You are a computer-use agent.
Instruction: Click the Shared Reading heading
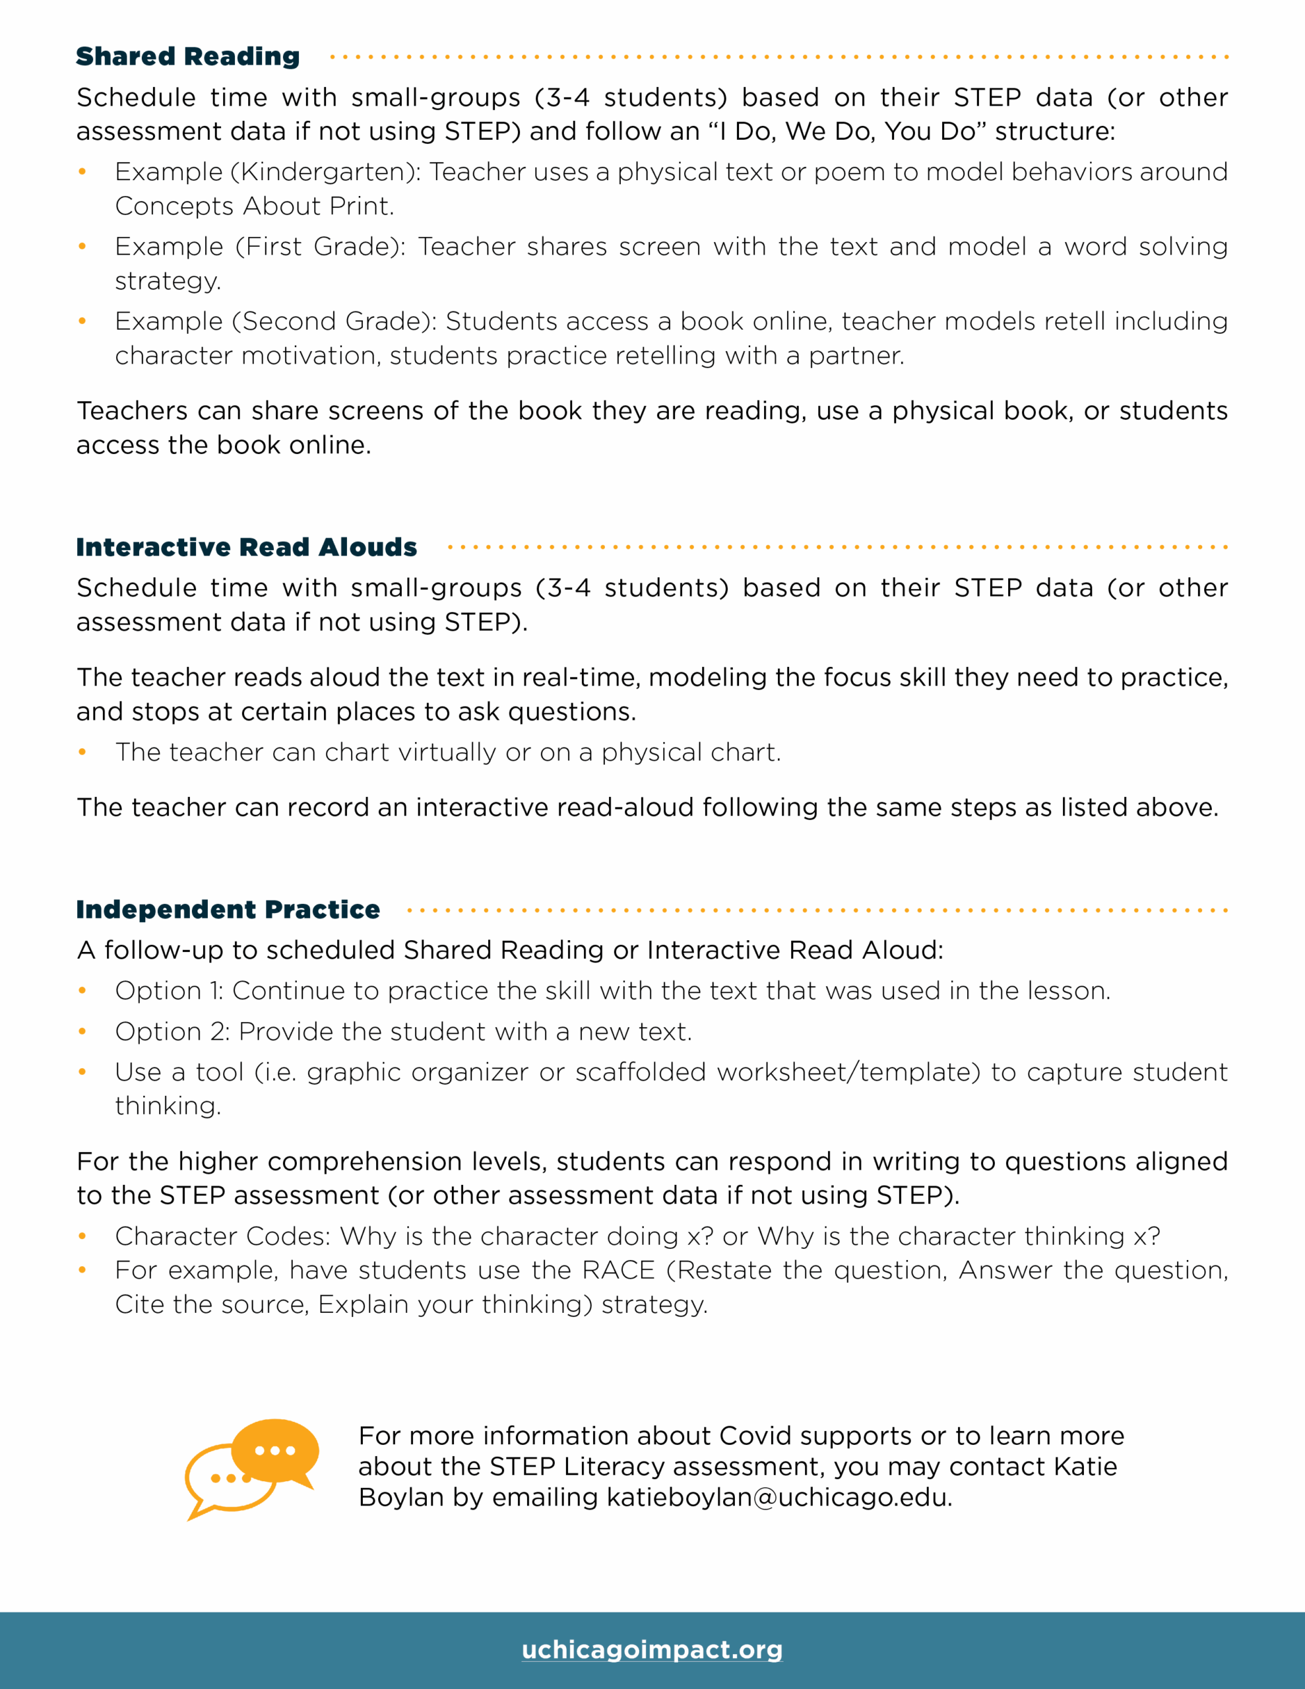click(x=187, y=57)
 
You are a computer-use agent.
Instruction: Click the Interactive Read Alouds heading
click(x=246, y=548)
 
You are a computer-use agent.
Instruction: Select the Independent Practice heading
click(x=228, y=909)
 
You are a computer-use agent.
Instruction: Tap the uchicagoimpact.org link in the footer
click(x=652, y=1649)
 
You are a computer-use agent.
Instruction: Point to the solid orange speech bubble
click(x=274, y=1450)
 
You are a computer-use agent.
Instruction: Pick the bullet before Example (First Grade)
click(x=82, y=247)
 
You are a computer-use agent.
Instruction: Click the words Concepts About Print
click(x=254, y=207)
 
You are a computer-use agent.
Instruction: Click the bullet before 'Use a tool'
click(x=82, y=1072)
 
